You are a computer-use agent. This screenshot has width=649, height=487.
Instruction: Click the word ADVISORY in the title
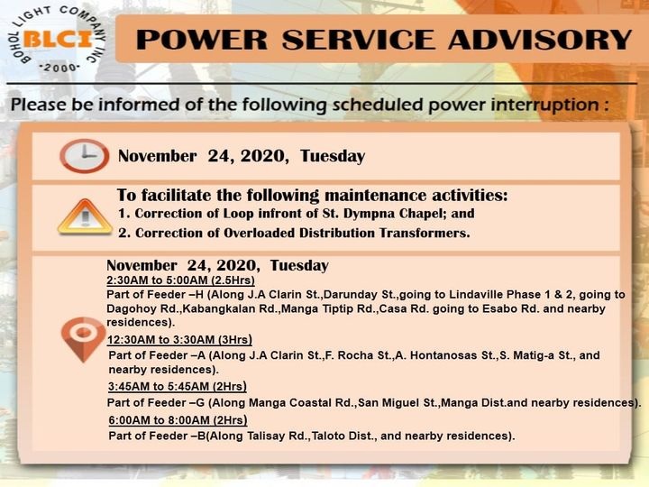[x=540, y=40]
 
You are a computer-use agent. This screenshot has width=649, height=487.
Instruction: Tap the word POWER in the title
[x=202, y=40]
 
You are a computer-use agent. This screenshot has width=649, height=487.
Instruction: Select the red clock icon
[x=85, y=156]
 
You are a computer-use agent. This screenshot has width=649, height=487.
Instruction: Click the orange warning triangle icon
[x=85, y=217]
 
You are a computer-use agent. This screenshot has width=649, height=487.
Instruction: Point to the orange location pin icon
[x=83, y=339]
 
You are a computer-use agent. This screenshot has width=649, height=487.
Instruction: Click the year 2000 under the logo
[x=59, y=68]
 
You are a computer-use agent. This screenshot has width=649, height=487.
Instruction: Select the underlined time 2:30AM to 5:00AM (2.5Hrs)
[x=180, y=280]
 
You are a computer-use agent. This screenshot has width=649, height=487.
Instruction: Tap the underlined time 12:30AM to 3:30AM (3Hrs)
[x=179, y=340]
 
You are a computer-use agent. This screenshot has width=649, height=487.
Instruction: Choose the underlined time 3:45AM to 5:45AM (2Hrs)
[x=178, y=387]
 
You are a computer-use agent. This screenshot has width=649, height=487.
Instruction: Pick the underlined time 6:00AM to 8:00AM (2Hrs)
[x=178, y=420]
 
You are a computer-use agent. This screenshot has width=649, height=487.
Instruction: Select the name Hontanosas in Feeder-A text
[x=443, y=355]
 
